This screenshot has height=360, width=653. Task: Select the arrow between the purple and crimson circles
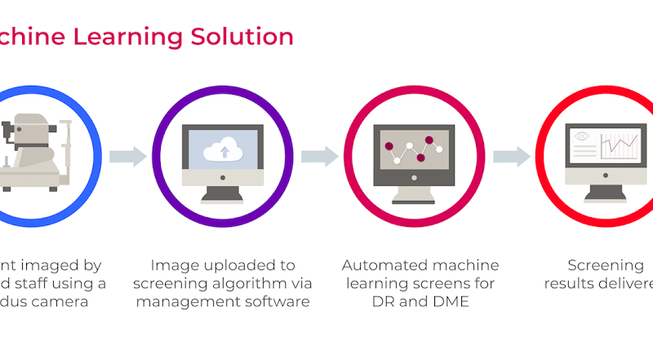[320, 155]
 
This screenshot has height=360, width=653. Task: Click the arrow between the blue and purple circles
[128, 155]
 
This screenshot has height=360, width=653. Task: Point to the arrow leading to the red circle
[512, 155]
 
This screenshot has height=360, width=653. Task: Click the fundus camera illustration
[33, 151]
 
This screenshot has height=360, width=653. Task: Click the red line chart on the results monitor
[621, 147]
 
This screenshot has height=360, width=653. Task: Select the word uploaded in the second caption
[228, 265]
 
